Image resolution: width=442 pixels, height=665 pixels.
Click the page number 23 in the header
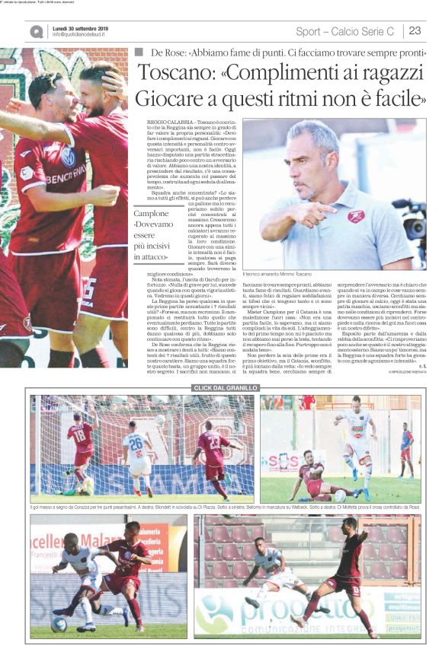415,31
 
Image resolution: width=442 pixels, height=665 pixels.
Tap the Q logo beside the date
37,31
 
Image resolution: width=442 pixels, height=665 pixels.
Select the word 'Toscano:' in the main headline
175,75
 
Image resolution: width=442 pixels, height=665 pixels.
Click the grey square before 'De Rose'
139,52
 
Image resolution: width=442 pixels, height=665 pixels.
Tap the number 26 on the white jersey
136,443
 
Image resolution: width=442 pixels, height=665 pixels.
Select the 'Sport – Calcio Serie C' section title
345,31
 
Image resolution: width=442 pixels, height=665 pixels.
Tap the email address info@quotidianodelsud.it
78,35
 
